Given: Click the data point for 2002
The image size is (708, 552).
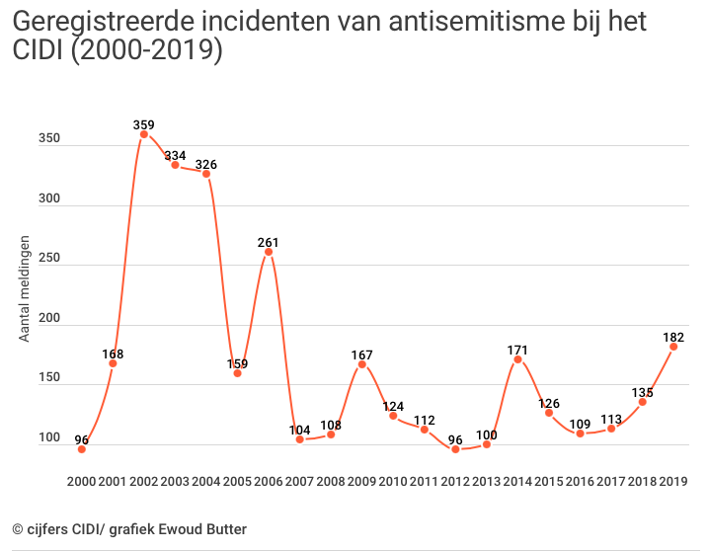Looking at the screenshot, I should (143, 134).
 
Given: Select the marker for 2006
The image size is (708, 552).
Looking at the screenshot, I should (269, 253).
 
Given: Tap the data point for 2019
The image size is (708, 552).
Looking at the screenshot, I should (673, 347).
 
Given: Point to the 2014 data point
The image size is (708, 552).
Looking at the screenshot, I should (517, 359).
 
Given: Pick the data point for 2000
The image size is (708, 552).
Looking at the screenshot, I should (81, 449).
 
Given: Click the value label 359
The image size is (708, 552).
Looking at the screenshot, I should (144, 124).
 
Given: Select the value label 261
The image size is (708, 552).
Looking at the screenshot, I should (269, 242).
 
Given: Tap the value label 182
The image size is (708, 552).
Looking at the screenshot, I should (673, 337).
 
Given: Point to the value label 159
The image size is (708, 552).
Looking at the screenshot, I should (237, 362).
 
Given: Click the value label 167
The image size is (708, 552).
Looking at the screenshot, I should (362, 354).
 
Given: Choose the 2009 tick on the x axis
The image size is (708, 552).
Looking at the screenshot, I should (361, 481).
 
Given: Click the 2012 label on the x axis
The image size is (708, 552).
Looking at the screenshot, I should (455, 481).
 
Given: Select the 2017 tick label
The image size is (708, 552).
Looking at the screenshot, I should (611, 481).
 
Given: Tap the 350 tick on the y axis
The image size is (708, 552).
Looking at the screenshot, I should (49, 139).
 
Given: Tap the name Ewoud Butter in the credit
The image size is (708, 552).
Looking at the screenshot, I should (199, 529).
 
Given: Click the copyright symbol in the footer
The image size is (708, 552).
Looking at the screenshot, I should (18, 529).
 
